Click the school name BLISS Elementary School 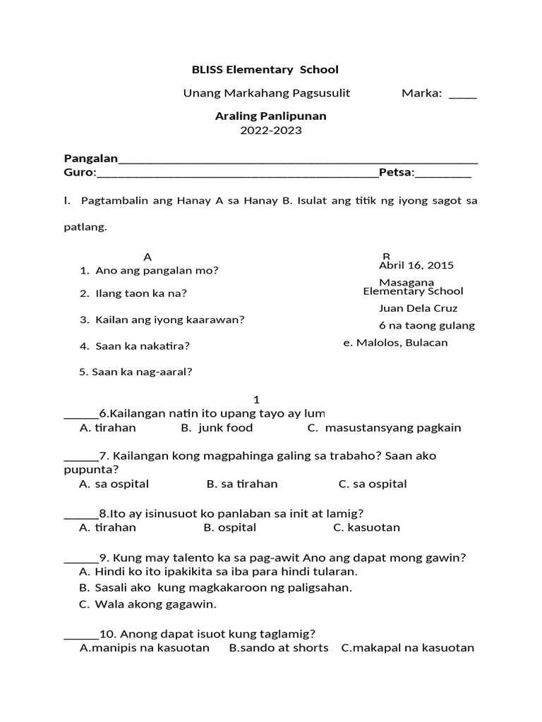[265, 69]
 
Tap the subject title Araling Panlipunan [270, 116]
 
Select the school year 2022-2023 [270, 130]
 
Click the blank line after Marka [462, 94]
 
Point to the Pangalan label [91, 157]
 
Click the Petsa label [396, 172]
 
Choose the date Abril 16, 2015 [416, 265]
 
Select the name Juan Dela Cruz [418, 308]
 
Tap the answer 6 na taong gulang [426, 326]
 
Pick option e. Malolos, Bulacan [395, 343]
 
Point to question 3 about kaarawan [162, 319]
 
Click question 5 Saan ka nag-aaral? [135, 372]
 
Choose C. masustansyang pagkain [384, 427]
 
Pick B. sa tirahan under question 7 [242, 484]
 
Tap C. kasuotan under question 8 [366, 527]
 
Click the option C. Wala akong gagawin [147, 604]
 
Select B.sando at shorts [279, 648]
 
